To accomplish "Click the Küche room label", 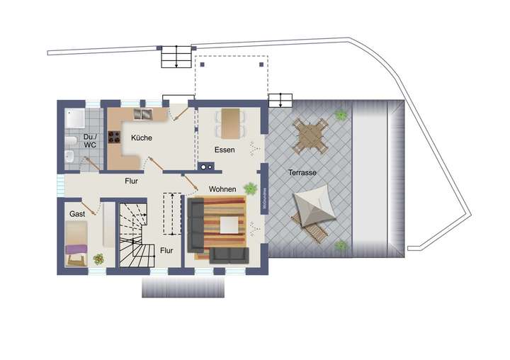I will [x=142, y=139].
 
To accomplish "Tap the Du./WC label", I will [x=90, y=140].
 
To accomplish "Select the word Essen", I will [x=225, y=150].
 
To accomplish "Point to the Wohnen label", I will [x=222, y=189].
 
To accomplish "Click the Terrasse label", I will [x=302, y=172].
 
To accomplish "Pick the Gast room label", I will [x=77, y=213].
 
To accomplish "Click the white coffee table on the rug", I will [x=229, y=225].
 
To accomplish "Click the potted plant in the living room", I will [x=250, y=188].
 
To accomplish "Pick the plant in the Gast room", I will [x=98, y=259].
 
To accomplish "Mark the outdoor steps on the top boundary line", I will [x=176, y=56].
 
